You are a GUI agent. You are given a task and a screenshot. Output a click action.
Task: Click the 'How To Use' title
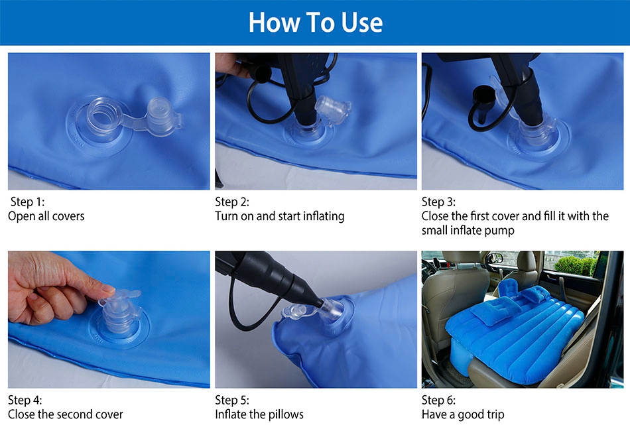(316, 22)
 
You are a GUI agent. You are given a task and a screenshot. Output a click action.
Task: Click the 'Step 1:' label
(27, 202)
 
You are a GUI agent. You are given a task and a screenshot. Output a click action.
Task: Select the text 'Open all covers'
(46, 216)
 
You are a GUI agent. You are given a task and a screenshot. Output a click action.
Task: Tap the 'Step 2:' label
(232, 202)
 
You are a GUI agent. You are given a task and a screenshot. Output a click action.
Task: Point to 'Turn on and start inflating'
(280, 216)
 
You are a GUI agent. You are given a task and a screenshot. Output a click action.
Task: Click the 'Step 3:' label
(438, 202)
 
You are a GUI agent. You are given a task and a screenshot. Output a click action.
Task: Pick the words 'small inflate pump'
(468, 231)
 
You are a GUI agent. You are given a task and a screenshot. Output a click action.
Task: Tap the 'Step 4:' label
(25, 400)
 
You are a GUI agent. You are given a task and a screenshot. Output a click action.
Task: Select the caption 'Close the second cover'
(66, 414)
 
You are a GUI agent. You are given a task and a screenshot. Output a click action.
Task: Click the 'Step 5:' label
(232, 400)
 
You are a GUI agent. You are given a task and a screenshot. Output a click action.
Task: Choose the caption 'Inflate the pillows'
(259, 414)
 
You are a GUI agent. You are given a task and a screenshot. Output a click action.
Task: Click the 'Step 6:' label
(438, 400)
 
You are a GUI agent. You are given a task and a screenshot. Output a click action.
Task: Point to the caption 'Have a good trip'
(463, 414)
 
